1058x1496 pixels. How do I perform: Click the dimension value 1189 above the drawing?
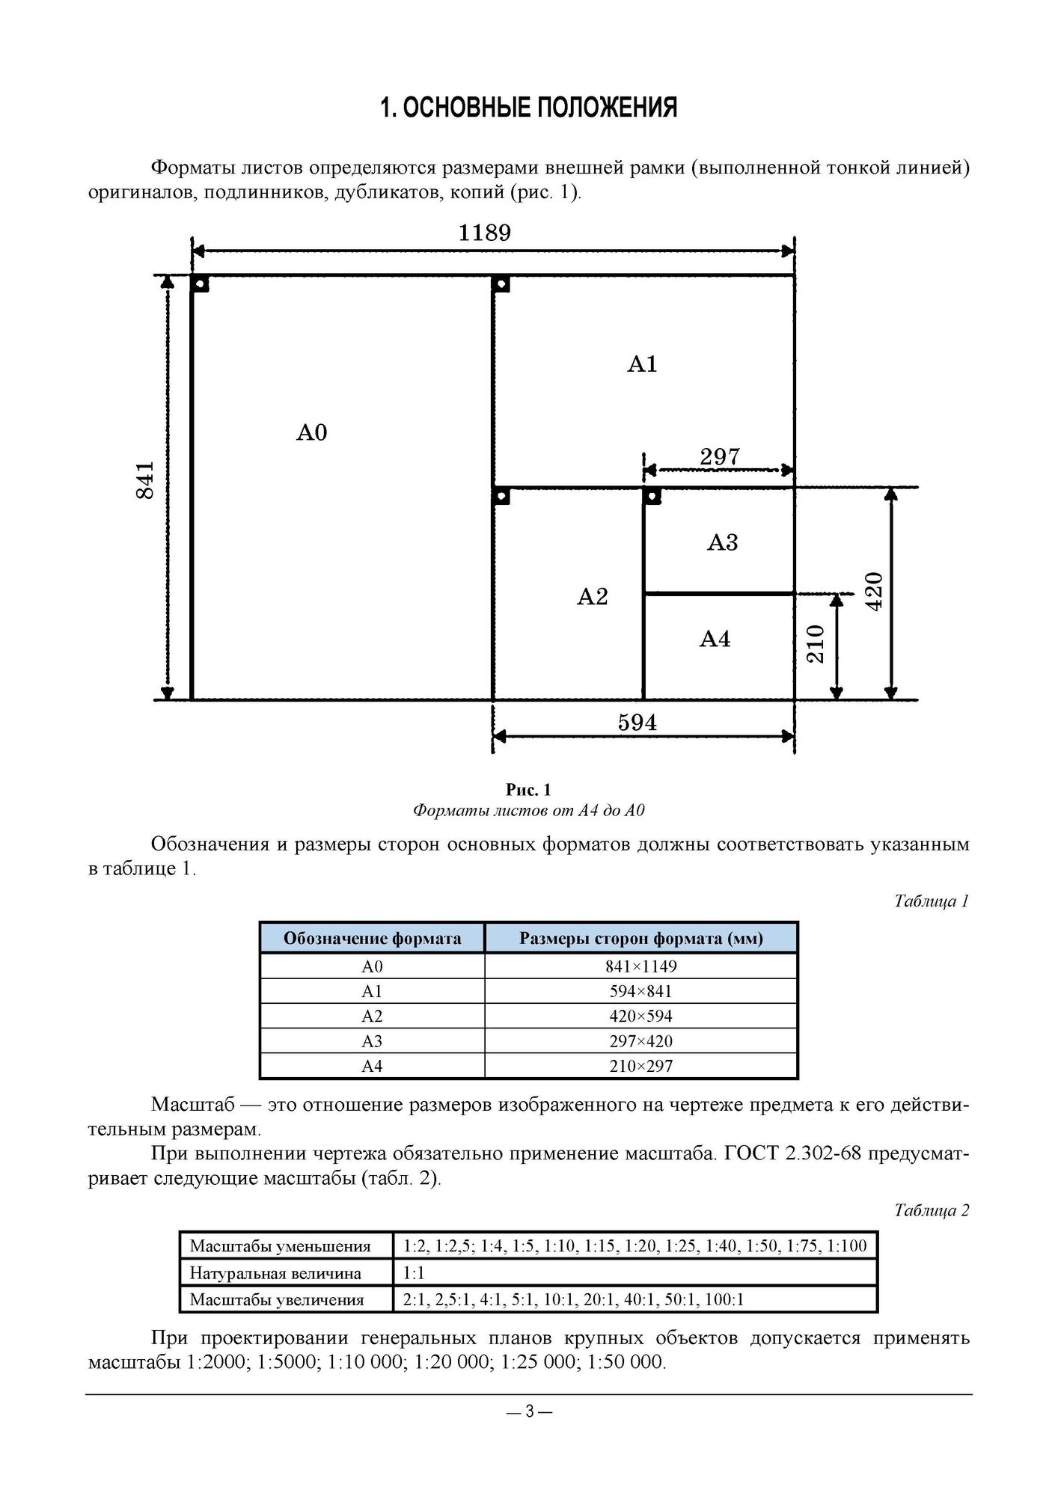pos(484,233)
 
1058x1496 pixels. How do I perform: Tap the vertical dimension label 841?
pos(145,480)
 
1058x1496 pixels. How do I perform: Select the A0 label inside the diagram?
pos(312,432)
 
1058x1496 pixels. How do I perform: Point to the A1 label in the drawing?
pos(642,364)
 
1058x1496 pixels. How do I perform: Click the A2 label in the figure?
pos(593,597)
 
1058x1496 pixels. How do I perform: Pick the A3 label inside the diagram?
pos(722,542)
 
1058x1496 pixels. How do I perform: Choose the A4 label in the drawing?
pos(715,639)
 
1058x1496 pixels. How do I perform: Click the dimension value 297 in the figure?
pos(720,456)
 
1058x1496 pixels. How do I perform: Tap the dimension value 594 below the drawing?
pos(637,723)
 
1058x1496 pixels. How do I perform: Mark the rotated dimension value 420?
pos(874,591)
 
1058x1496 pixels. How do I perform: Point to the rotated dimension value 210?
pos(815,644)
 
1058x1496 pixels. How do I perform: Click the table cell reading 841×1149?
pos(640,966)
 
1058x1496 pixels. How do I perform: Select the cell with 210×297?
pos(640,1066)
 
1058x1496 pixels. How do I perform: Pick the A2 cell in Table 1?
pos(372,1016)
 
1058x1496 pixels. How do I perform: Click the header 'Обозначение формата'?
pos(372,938)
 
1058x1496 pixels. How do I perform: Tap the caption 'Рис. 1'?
pos(528,790)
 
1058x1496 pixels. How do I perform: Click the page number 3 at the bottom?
pos(529,1411)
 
